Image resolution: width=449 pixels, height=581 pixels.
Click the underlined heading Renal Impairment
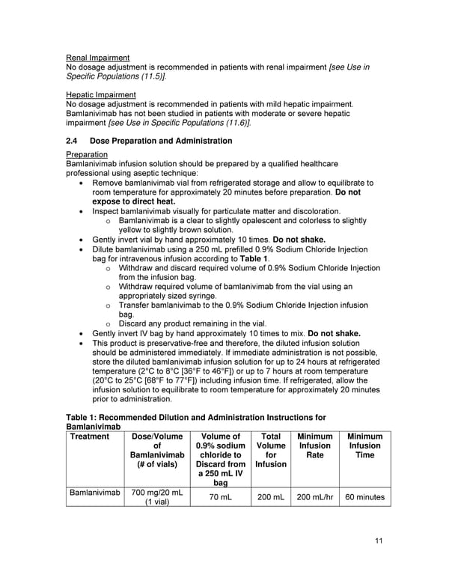97,58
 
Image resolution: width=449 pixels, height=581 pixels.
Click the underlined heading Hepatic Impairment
101,94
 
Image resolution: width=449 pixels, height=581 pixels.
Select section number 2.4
73,141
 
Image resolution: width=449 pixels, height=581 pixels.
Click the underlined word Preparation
87,154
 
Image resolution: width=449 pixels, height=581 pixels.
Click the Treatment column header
89,436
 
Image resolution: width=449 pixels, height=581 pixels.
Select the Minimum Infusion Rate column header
314,445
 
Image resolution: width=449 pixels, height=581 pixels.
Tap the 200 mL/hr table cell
314,496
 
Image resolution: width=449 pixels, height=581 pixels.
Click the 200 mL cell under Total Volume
270,496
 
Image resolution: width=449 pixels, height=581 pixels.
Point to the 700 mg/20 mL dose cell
156,496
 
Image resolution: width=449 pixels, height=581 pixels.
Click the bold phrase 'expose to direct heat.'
134,201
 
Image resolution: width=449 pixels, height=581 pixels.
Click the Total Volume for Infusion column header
270,450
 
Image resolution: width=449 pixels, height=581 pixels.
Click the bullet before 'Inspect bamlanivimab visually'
81,212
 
